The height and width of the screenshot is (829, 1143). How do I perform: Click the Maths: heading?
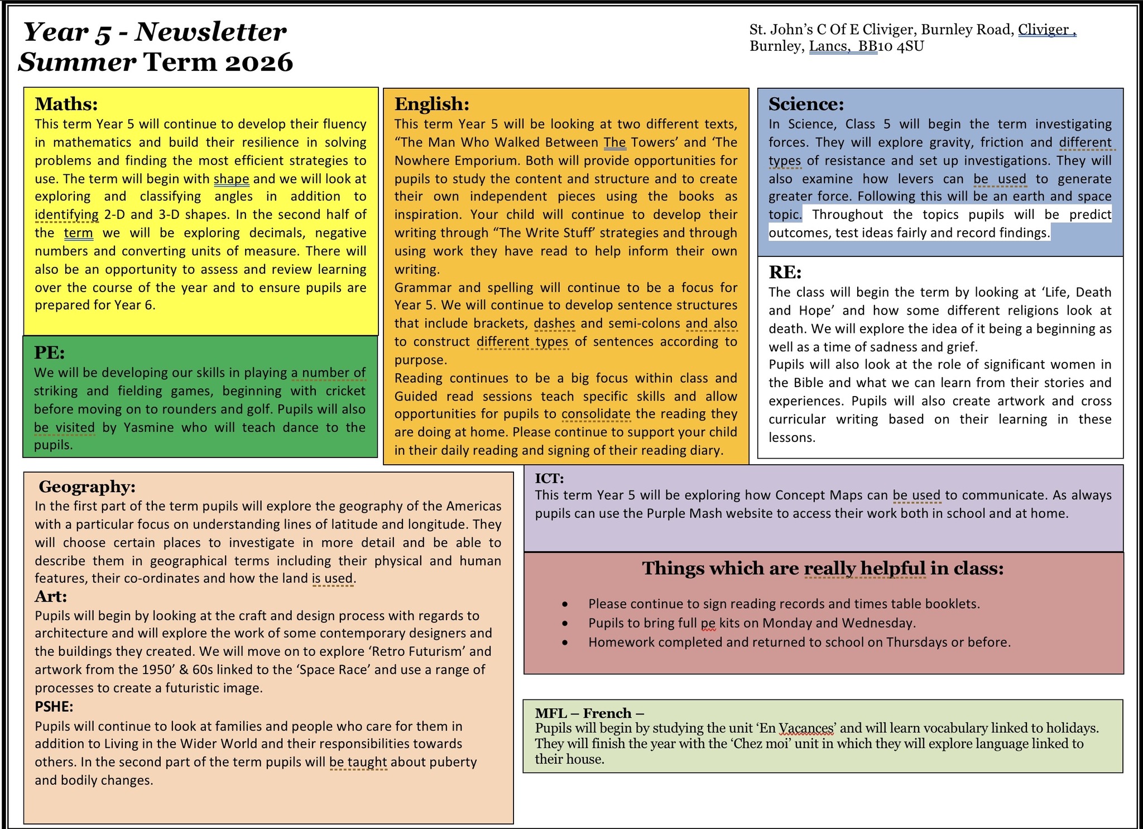pyautogui.click(x=66, y=104)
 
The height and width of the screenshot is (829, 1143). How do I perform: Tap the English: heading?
pyautogui.click(x=431, y=104)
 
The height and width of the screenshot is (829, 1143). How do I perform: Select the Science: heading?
pyautogui.click(x=806, y=104)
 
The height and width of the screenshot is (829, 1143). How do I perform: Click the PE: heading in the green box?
pyautogui.click(x=49, y=352)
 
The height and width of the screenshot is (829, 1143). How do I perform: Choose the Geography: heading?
pyautogui.click(x=87, y=487)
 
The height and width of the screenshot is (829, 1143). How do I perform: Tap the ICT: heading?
pyautogui.click(x=549, y=478)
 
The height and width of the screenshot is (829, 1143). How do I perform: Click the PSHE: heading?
pyautogui.click(x=54, y=707)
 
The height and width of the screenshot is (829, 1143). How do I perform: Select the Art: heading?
pyautogui.click(x=51, y=597)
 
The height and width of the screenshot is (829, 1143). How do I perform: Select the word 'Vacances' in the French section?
pyautogui.click(x=806, y=728)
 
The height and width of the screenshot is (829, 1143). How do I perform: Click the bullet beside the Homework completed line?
pyautogui.click(x=565, y=642)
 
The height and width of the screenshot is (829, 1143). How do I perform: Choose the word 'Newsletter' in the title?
pyautogui.click(x=210, y=32)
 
